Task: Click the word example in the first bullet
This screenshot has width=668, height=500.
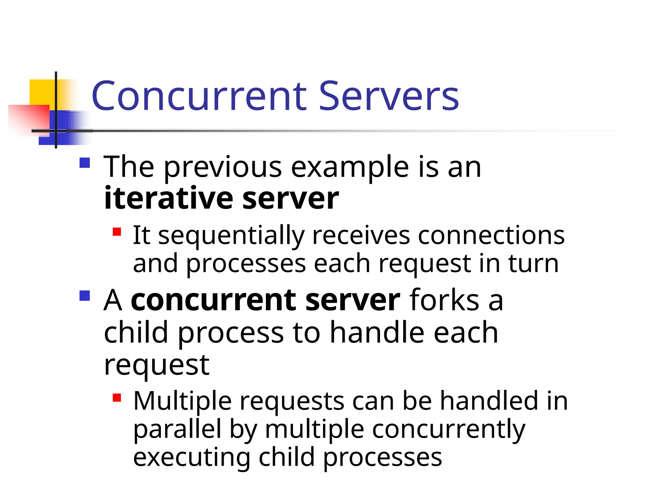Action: [x=350, y=168]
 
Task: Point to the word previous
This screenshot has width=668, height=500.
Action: [x=223, y=168]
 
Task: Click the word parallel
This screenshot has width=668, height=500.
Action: [x=177, y=430]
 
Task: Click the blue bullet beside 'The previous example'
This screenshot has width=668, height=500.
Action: [x=85, y=163]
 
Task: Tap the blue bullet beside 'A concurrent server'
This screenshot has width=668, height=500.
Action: [x=85, y=296]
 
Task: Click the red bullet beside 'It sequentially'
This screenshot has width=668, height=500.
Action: [x=117, y=232]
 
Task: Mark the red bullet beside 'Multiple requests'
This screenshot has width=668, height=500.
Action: [x=117, y=398]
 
